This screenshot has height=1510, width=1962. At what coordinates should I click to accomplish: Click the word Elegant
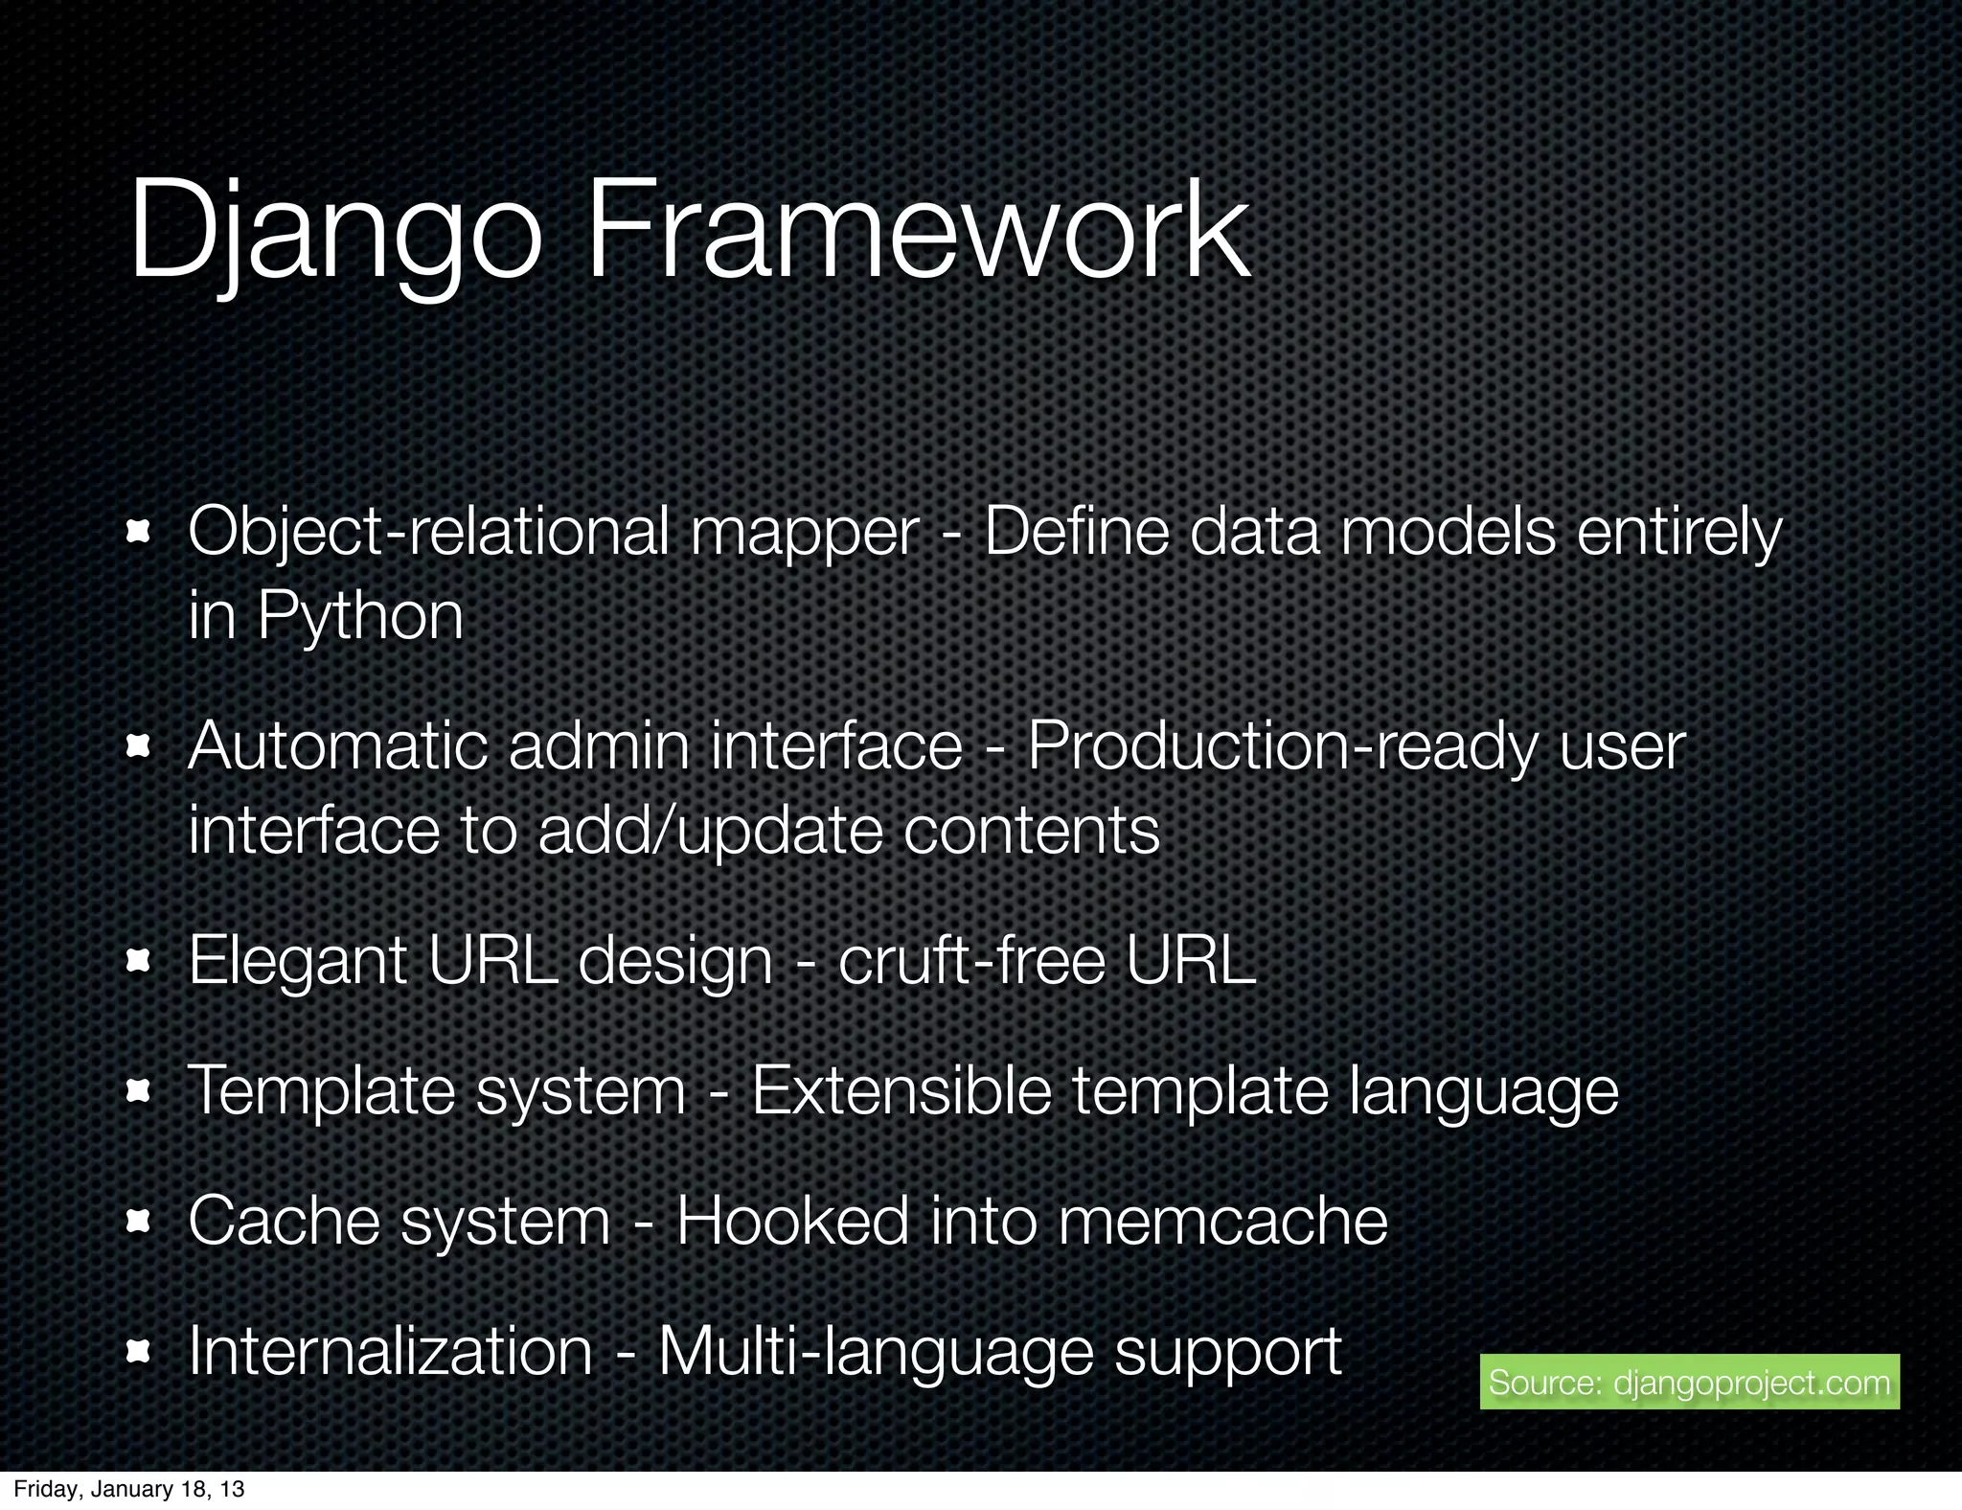click(x=298, y=961)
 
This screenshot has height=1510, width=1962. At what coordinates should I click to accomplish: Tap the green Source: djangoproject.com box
click(x=1689, y=1382)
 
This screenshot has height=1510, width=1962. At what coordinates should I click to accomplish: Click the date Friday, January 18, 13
click(x=129, y=1489)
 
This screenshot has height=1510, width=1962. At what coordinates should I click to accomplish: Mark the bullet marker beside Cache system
click(x=140, y=1221)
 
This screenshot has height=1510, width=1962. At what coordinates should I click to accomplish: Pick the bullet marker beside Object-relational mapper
click(x=140, y=531)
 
